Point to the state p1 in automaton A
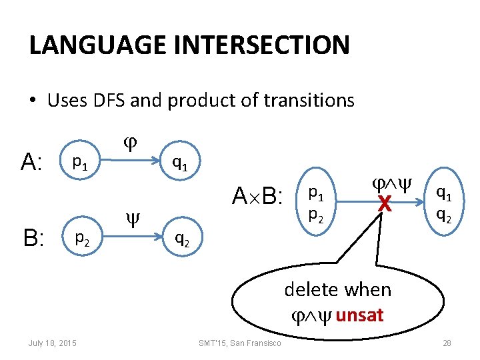coord(79,161)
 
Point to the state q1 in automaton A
coord(179,161)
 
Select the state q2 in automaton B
coord(181,237)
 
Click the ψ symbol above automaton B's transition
coord(131,217)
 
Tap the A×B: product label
coord(257,197)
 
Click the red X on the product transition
coord(383,207)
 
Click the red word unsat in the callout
coord(360,315)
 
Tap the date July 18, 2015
coord(52,343)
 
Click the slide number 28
coord(447,343)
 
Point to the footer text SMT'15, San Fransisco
coord(240,343)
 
